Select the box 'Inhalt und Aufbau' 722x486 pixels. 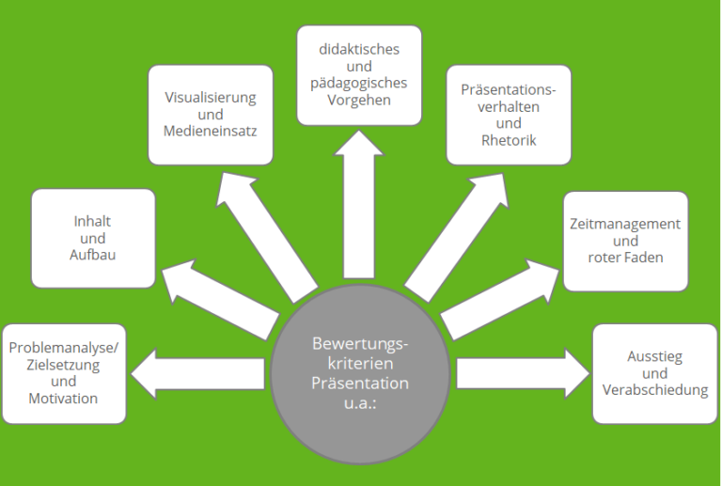point(93,238)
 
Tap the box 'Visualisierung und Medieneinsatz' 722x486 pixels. point(211,115)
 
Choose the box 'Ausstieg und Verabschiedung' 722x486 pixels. point(654,372)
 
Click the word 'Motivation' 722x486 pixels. point(63,398)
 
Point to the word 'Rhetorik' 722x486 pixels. point(508,140)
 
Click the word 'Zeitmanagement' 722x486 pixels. point(625,225)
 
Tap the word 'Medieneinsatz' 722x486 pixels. point(211,131)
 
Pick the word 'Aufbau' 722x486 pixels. point(93,255)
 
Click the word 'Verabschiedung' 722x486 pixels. point(655,389)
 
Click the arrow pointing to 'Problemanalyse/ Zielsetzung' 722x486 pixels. point(197,378)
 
